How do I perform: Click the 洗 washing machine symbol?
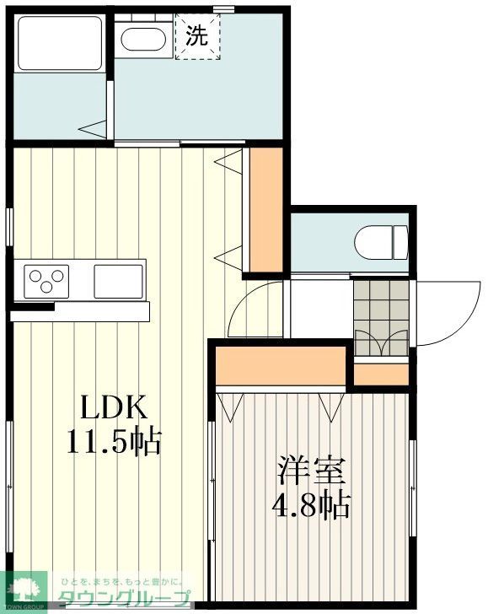(197, 36)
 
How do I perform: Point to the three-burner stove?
(46, 277)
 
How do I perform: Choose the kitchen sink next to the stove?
(117, 279)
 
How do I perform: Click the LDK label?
(114, 409)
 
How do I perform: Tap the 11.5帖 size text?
(114, 441)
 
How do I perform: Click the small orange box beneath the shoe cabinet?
(381, 372)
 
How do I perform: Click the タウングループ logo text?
(122, 600)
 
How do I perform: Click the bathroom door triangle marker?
(94, 128)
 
